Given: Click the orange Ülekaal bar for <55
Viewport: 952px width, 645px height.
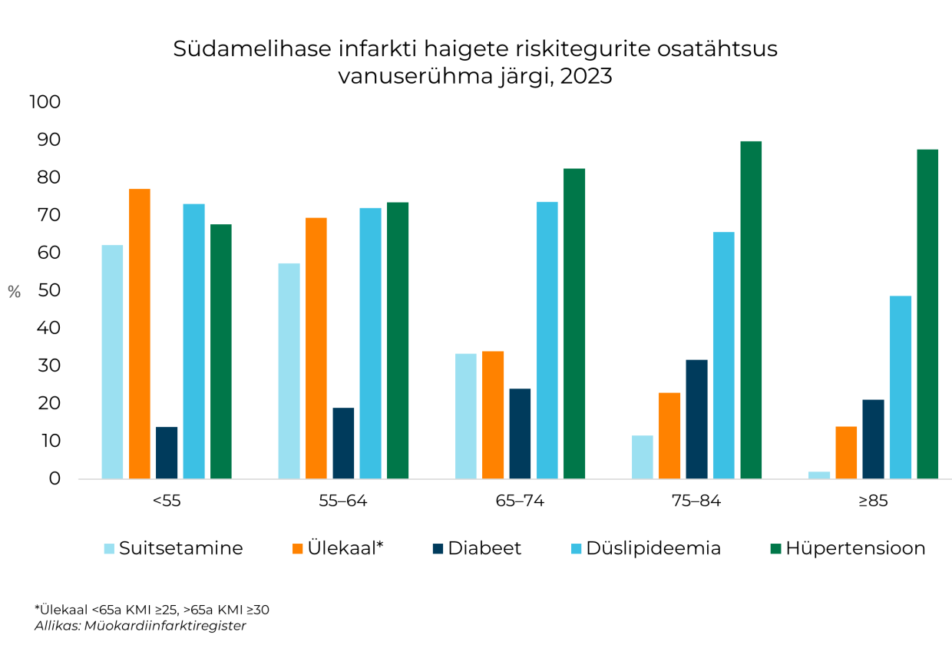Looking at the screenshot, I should pyautogui.click(x=139, y=334).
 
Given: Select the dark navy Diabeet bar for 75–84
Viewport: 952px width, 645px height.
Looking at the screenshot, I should pyautogui.click(x=696, y=419).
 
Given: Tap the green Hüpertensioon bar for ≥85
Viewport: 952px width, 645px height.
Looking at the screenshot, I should pyautogui.click(x=927, y=314).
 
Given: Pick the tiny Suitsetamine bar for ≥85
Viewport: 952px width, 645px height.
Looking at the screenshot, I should pyautogui.click(x=819, y=475).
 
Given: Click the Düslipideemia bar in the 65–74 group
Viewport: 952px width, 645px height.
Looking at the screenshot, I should pyautogui.click(x=547, y=340).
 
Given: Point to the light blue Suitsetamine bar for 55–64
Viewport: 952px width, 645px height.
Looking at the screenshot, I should pyautogui.click(x=289, y=371).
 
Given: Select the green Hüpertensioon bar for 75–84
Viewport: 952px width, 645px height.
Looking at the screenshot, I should pyautogui.click(x=751, y=310).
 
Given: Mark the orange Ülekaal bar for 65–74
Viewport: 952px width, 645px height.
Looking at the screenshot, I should pyautogui.click(x=493, y=415).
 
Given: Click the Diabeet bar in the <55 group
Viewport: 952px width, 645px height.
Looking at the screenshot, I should pyautogui.click(x=167, y=453).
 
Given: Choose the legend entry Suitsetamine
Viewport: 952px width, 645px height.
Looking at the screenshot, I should pyautogui.click(x=180, y=548).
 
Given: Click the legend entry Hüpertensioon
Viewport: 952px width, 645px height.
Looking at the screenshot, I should pyautogui.click(x=855, y=548).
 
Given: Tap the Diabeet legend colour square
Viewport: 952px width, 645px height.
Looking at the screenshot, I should pyautogui.click(x=438, y=548).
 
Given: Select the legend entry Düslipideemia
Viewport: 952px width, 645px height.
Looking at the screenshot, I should pyautogui.click(x=653, y=548).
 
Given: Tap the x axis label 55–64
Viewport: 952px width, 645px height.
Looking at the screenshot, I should pyautogui.click(x=342, y=501).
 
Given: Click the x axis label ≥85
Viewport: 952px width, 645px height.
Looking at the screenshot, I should pyautogui.click(x=873, y=501).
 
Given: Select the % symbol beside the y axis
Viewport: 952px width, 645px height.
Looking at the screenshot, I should pyautogui.click(x=15, y=292).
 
